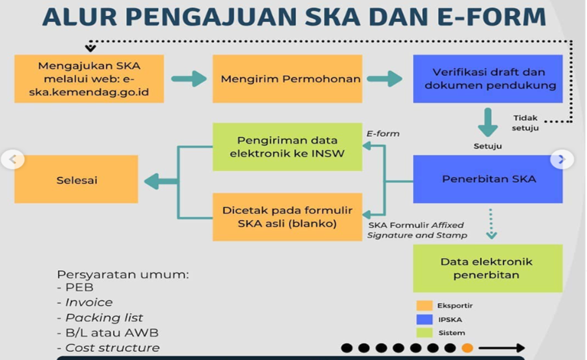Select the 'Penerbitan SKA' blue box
(x=488, y=179)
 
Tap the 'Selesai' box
(x=76, y=180)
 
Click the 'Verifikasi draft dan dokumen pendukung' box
(x=488, y=79)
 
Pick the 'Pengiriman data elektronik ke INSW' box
(x=287, y=147)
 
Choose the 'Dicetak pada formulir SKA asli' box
(x=287, y=217)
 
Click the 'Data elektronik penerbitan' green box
(x=488, y=268)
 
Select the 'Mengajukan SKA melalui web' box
(x=89, y=79)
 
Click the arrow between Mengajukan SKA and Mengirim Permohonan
(x=189, y=79)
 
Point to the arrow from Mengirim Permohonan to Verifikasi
(x=384, y=79)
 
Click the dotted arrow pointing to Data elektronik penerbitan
(x=491, y=225)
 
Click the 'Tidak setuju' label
(x=525, y=123)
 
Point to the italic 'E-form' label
(x=383, y=133)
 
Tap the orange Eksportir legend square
(x=424, y=305)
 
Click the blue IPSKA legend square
(x=424, y=319)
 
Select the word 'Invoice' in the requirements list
(x=89, y=302)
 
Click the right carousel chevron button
(x=561, y=159)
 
